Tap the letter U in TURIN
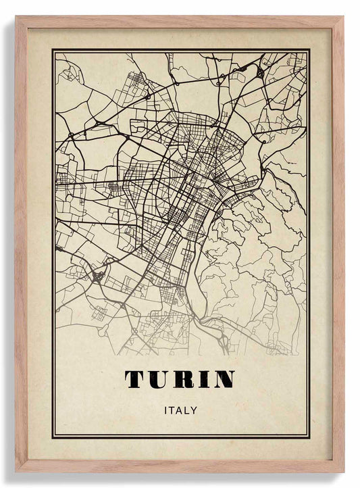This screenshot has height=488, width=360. (159, 380)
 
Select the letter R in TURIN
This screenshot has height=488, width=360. (184, 380)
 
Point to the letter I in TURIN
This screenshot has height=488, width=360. (203, 380)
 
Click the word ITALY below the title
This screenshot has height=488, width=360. (180, 410)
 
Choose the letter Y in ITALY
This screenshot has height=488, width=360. (194, 410)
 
